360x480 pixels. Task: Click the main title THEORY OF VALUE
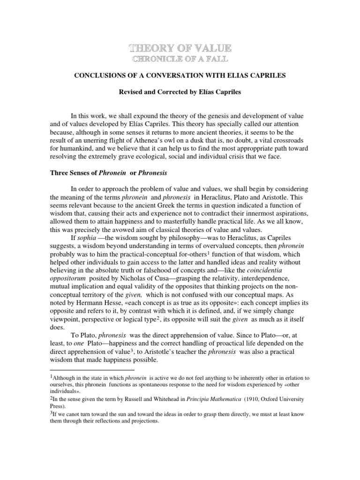click(180, 48)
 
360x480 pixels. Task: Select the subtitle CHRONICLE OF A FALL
click(180, 59)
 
